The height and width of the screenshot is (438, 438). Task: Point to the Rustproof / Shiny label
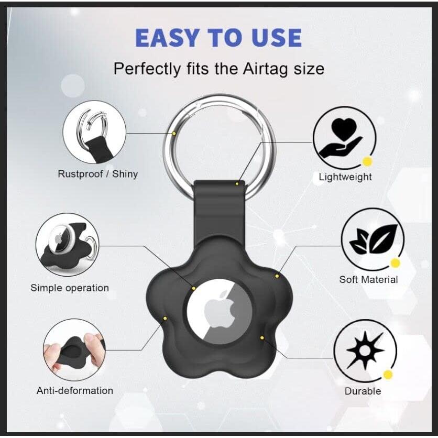coord(97,174)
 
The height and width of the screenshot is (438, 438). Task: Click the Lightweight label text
coord(345,177)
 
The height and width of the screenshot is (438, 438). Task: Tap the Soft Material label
coord(368,280)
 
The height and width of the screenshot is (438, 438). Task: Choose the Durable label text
coord(363,391)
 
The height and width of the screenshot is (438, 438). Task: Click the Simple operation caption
coord(70,288)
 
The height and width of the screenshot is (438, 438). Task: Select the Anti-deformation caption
coord(74,390)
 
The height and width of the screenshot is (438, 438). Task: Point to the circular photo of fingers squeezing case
coord(74,349)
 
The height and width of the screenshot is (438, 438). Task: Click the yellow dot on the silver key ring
coord(174,133)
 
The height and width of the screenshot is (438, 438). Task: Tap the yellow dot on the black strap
coord(237,183)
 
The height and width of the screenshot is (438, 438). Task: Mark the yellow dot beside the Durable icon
coord(388,374)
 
